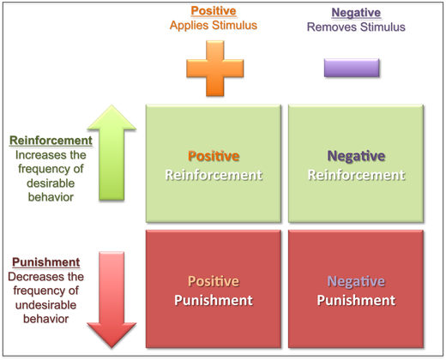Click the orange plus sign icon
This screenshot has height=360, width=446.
coord(215,69)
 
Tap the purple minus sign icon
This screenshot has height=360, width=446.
coord(352,68)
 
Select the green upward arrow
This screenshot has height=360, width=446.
coord(111,153)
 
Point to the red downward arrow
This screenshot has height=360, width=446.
coord(111,300)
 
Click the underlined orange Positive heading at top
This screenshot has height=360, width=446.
coord(214,11)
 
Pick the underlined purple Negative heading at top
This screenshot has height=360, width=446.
coord(356,13)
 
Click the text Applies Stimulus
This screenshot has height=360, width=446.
coord(214,26)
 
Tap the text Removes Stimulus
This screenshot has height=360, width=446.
coord(356,27)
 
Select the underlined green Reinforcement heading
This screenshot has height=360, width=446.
coord(51,141)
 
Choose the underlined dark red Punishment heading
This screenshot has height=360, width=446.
coord(46,262)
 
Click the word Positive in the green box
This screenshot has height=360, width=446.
coord(214,156)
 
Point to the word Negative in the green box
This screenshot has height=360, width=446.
coord(356,156)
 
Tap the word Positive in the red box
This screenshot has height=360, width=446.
coord(214,281)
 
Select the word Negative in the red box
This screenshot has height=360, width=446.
coord(356,281)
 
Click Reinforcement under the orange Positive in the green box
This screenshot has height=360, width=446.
coord(214,175)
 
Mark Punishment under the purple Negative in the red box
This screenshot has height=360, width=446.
coord(356,300)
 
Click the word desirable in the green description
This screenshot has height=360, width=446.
coord(51,183)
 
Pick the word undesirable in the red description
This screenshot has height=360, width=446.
coord(45,305)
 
